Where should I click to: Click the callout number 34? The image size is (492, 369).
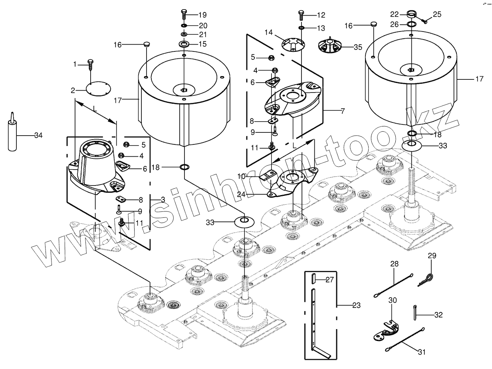(38, 136)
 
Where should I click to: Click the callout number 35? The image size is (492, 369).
(357, 47)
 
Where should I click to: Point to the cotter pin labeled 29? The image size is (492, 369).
(426, 278)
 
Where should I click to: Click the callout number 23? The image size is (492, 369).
(357, 306)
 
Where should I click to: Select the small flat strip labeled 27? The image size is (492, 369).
(314, 278)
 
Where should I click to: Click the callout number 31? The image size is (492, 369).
(422, 352)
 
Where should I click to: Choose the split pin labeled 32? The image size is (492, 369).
(416, 312)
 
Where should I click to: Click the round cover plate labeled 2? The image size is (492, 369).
(98, 90)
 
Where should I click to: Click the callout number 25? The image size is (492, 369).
(437, 14)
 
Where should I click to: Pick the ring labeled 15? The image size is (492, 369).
(184, 43)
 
